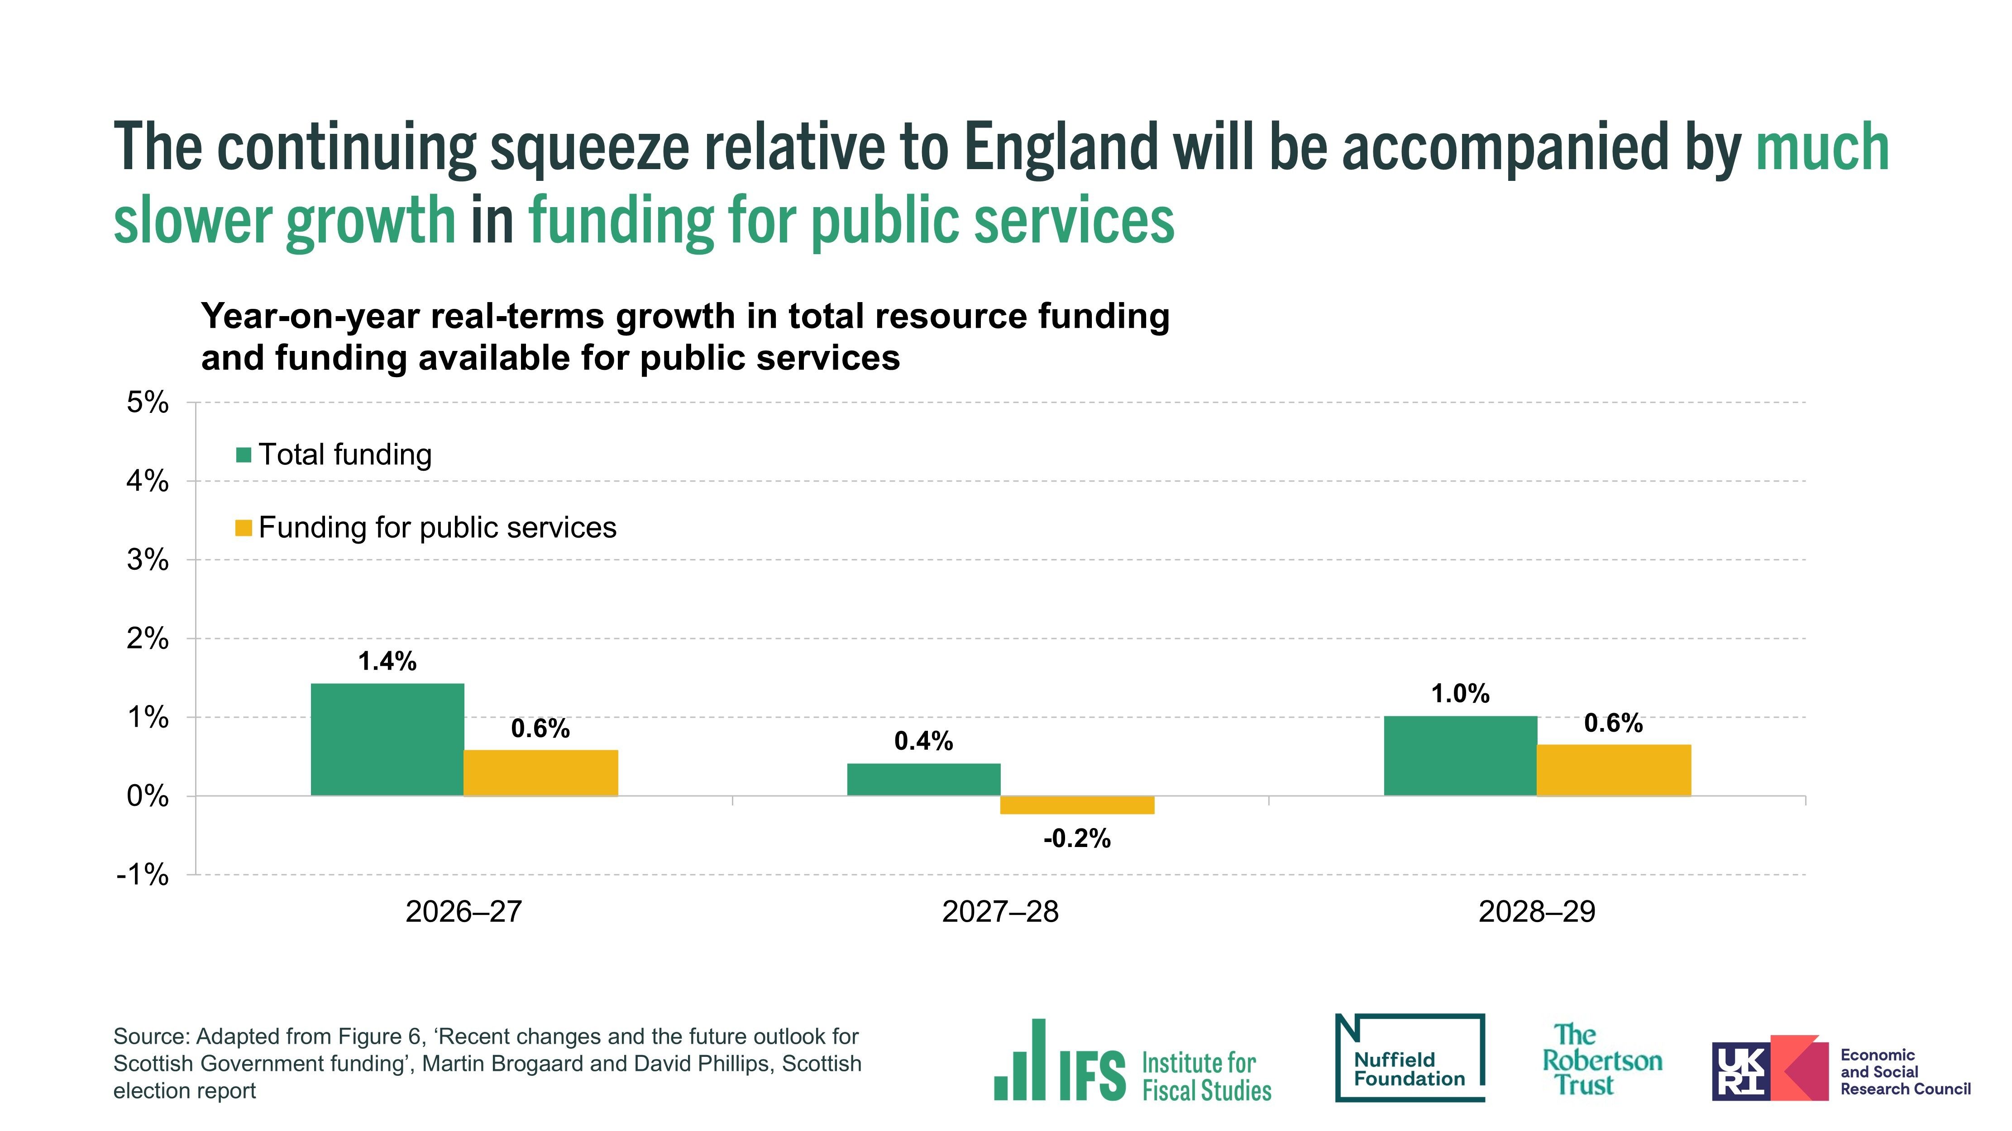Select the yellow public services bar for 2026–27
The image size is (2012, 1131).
point(540,773)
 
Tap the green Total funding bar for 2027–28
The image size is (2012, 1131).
point(923,779)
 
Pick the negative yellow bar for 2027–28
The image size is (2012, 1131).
point(1077,805)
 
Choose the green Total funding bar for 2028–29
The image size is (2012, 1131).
point(1460,756)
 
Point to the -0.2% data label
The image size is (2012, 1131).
point(1077,839)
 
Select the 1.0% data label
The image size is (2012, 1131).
point(1460,694)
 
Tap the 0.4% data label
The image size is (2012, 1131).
point(923,742)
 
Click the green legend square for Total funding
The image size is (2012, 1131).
point(244,454)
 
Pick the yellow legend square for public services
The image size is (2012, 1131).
point(244,529)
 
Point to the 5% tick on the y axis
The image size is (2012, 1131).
point(148,403)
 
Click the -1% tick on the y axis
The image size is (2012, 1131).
point(143,875)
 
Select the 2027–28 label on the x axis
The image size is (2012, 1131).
point(1000,912)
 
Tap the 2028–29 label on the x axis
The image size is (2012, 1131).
point(1536,912)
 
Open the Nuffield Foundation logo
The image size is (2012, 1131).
point(1410,1058)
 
